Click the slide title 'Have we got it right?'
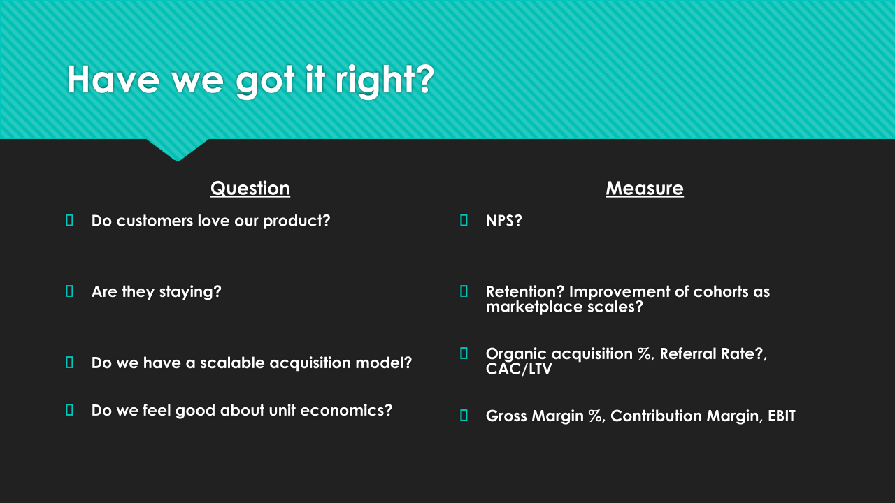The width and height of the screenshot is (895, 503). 250,80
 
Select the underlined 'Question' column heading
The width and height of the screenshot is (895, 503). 250,188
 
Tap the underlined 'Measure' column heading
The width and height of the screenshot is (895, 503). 645,188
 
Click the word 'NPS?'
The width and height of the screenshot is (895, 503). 504,221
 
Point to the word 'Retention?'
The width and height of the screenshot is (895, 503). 525,291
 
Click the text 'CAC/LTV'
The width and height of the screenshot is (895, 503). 519,369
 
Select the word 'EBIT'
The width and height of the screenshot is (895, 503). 782,416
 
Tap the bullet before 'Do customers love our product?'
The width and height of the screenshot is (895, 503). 69,220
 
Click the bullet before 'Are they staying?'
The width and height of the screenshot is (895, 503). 69,291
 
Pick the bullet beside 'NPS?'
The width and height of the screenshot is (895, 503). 464,220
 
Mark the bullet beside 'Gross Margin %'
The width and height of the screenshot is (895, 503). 464,416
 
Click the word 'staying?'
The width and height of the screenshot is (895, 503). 190,292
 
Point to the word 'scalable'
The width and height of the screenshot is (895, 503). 232,363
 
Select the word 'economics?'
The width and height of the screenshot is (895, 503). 346,410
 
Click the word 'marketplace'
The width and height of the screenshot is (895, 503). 534,307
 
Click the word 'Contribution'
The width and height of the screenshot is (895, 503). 656,416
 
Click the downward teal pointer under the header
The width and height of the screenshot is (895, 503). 178,150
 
